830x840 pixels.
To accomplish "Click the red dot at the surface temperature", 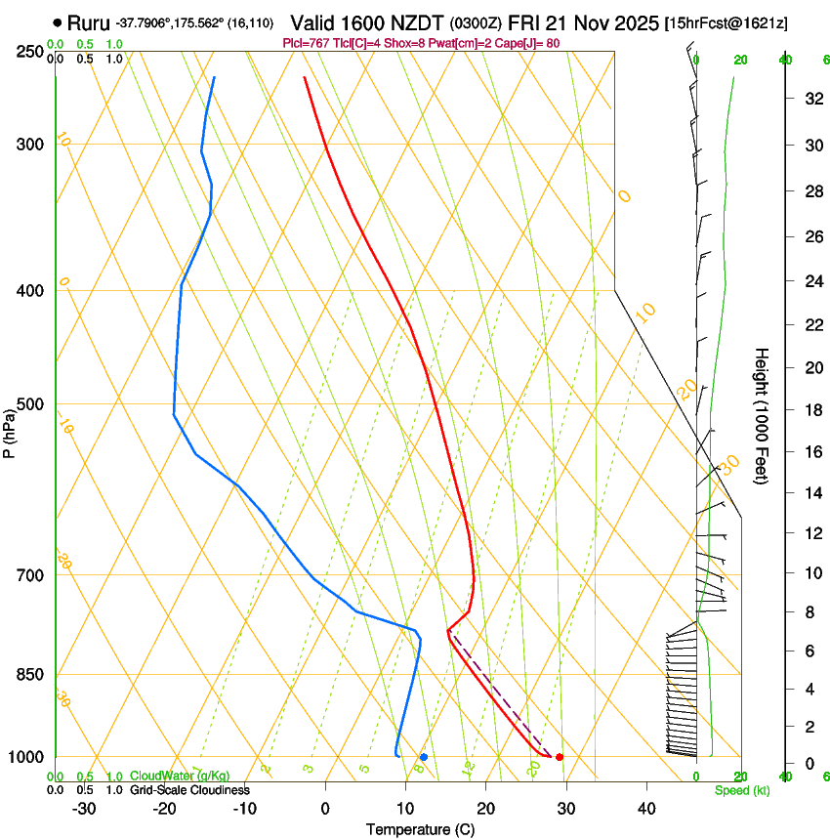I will [559, 757].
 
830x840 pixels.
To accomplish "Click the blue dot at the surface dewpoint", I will [424, 757].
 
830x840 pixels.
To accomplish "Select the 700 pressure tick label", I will [29, 575].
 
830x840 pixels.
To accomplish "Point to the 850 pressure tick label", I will [29, 675].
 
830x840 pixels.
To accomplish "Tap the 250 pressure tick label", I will [29, 51].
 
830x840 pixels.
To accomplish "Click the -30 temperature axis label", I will [84, 809].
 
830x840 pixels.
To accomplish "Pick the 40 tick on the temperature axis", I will [645, 809].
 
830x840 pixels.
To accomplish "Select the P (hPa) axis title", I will [9, 430].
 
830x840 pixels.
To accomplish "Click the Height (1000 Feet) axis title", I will [763, 415].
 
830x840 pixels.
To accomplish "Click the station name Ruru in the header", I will [88, 22].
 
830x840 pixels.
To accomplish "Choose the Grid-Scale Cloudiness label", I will [189, 789].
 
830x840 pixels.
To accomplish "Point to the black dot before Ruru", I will [59, 22].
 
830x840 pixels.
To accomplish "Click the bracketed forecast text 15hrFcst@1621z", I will [726, 22].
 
